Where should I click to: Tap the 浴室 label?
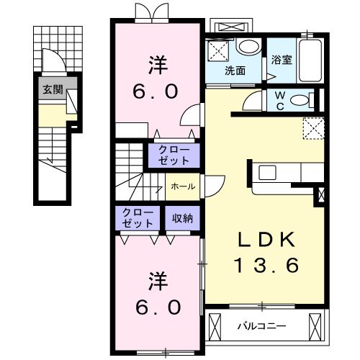point(281,61)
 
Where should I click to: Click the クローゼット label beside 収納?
point(137,218)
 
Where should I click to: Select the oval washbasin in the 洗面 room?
point(248,48)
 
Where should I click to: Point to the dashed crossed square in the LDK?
point(315,128)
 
